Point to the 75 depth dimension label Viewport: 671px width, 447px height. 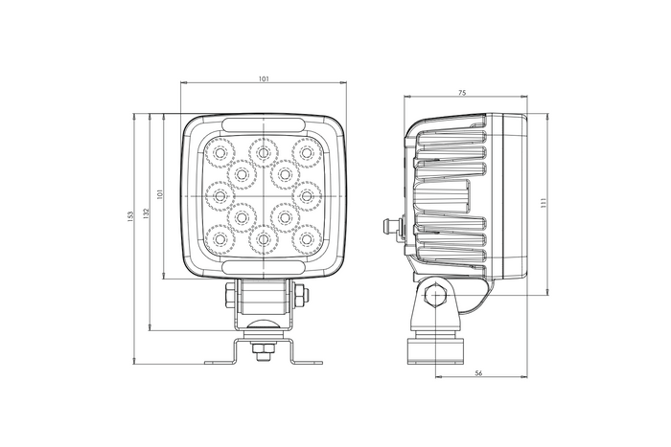(x=463, y=92)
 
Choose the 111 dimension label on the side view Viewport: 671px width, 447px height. (x=544, y=203)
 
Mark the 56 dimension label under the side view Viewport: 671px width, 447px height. (x=477, y=373)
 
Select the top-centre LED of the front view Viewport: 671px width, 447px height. (x=262, y=150)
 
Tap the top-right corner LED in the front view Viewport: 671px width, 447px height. (x=307, y=150)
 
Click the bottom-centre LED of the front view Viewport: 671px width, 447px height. (x=262, y=239)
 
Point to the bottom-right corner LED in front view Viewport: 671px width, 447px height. (x=307, y=237)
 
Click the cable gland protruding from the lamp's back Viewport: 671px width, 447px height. (x=388, y=228)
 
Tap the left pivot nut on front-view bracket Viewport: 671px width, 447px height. (x=228, y=296)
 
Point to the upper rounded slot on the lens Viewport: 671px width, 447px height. (x=263, y=125)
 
